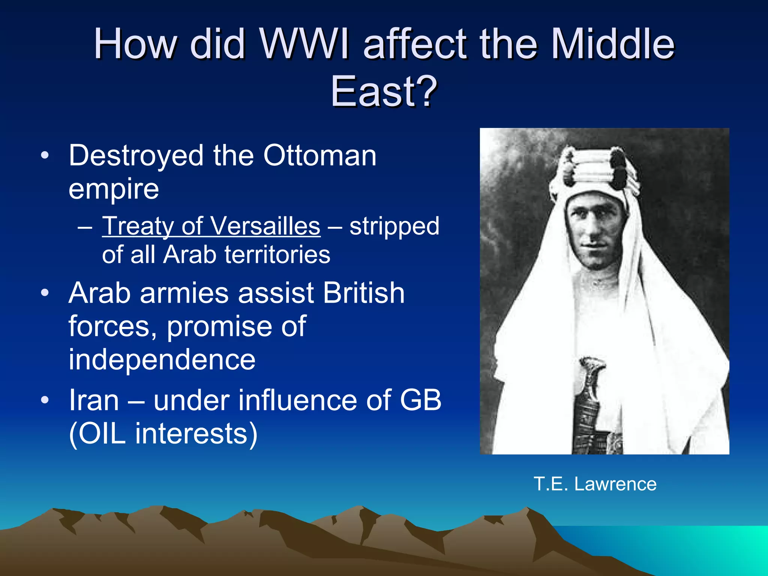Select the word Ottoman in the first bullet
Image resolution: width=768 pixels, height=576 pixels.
click(319, 155)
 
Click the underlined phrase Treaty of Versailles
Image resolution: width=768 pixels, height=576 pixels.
click(211, 226)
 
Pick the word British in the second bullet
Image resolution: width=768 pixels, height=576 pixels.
click(364, 293)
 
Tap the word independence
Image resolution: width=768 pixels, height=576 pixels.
click(162, 359)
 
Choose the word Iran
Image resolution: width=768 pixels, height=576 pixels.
click(94, 400)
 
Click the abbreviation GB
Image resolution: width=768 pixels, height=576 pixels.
click(420, 400)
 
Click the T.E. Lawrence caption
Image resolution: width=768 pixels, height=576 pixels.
click(595, 484)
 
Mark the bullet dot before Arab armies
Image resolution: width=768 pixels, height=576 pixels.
click(45, 293)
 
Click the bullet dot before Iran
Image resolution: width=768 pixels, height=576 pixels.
click(45, 400)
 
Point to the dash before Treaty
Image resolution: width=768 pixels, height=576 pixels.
click(85, 227)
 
